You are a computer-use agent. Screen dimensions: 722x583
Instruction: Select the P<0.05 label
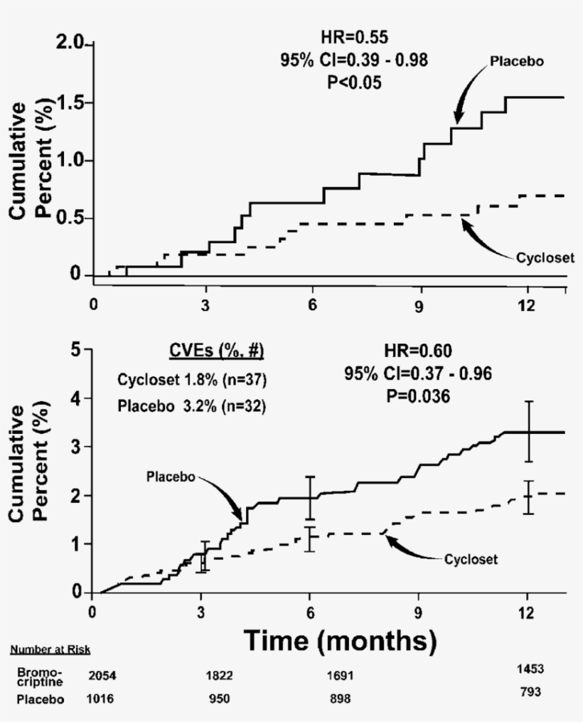pyautogui.click(x=354, y=83)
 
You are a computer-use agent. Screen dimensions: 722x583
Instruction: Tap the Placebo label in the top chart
pyautogui.click(x=517, y=61)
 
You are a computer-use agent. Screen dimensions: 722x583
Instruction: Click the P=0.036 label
pyautogui.click(x=417, y=397)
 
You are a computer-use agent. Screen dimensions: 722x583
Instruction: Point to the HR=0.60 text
pyautogui.click(x=417, y=351)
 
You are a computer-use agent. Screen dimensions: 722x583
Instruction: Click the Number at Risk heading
pyautogui.click(x=50, y=649)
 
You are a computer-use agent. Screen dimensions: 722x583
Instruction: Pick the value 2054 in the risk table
pyautogui.click(x=105, y=676)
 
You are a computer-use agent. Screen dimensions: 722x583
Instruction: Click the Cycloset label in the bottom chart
pyautogui.click(x=470, y=559)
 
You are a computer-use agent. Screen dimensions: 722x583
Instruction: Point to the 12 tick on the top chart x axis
pyautogui.click(x=527, y=302)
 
